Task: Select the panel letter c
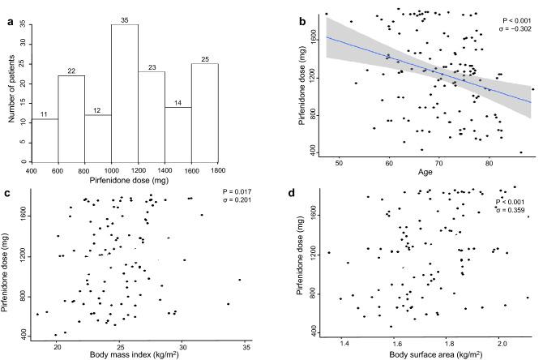6,192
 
